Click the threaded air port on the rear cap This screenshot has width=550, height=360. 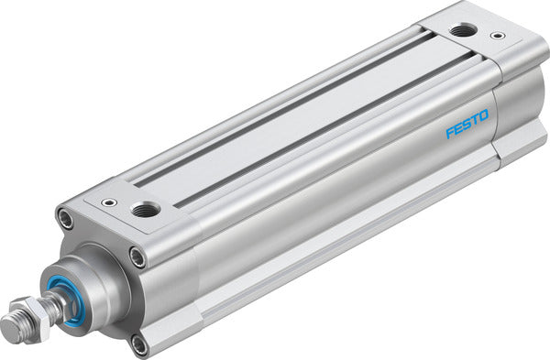coord(464,31)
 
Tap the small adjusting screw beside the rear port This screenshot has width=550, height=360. coord(497,37)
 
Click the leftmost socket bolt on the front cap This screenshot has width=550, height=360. coord(65,219)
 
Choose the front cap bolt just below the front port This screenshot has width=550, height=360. coord(137,257)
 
